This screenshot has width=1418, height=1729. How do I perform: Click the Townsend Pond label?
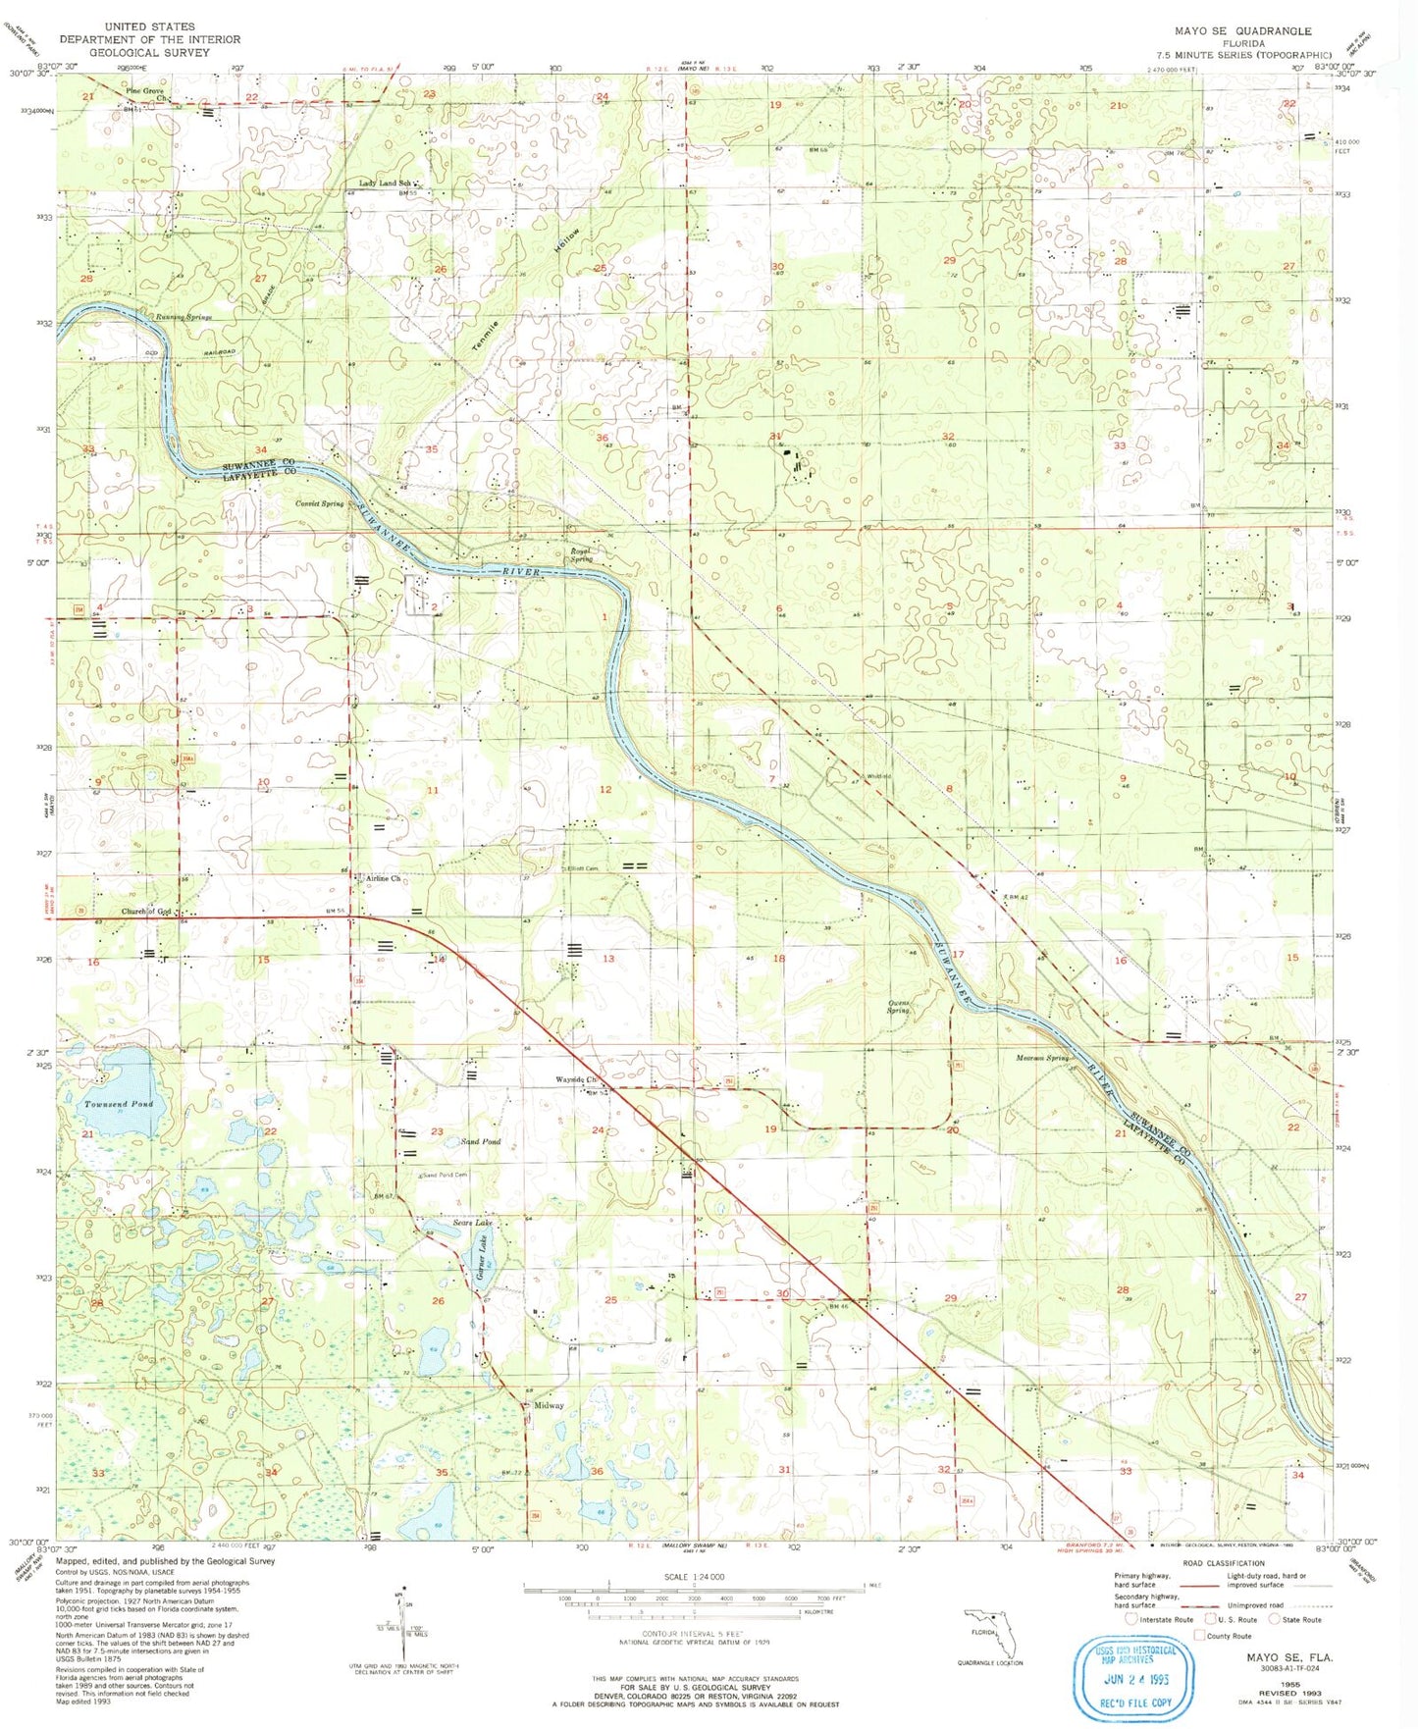[x=118, y=1104]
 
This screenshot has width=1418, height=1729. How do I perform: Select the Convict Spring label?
[x=320, y=503]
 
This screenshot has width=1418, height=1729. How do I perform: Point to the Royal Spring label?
[x=582, y=554]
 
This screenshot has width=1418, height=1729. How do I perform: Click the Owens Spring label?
[x=898, y=1007]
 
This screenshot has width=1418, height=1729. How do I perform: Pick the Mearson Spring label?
[x=1042, y=1058]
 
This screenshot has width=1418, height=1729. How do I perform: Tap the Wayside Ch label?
[x=577, y=1079]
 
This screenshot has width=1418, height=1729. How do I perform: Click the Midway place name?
[x=549, y=1405]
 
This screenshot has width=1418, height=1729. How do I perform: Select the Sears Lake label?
[x=472, y=1223]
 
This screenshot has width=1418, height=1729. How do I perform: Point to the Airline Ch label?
[x=384, y=878]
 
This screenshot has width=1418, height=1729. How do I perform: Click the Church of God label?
[x=146, y=912]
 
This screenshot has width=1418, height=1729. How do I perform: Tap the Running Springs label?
[x=184, y=317]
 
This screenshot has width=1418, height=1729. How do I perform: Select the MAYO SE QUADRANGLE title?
[x=1242, y=31]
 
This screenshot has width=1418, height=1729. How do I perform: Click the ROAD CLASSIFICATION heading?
[x=1224, y=1563]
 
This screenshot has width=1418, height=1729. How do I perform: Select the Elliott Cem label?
[x=579, y=868]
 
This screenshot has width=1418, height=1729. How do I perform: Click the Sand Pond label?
[x=481, y=1142]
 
